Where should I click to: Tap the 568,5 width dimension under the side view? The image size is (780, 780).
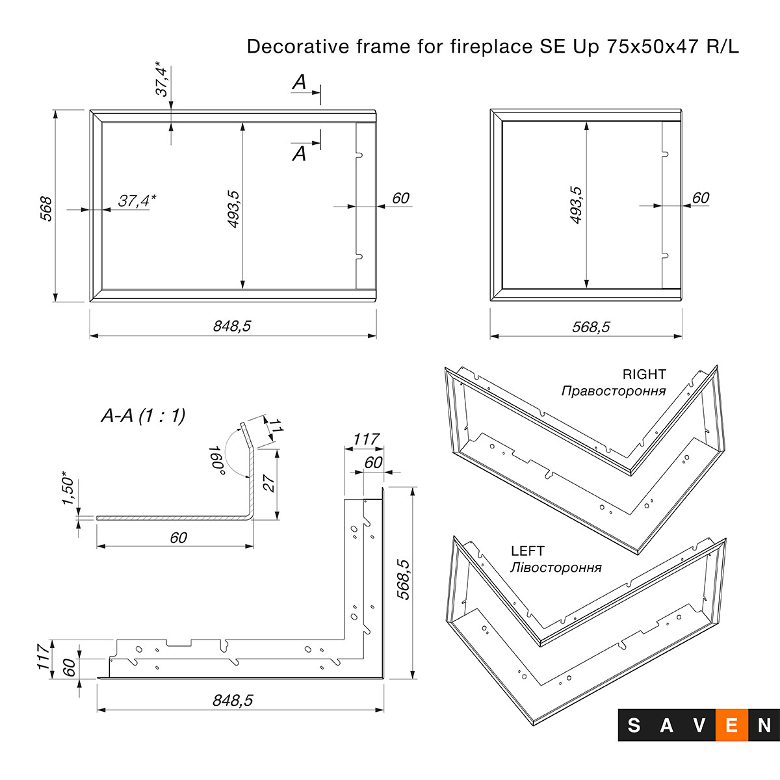tap(591, 327)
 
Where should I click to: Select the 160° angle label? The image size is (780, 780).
tap(216, 460)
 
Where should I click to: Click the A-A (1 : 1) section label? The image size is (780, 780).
tap(143, 415)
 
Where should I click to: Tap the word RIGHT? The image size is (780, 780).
tap(644, 374)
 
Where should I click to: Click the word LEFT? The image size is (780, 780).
tap(528, 551)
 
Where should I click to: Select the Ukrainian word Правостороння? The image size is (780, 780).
tap(614, 391)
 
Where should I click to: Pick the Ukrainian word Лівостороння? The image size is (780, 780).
tap(556, 567)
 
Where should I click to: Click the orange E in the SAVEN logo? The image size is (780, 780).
tap(731, 725)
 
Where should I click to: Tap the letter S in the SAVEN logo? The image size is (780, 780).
tap(634, 725)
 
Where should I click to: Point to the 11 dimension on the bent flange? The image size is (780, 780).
tap(276, 427)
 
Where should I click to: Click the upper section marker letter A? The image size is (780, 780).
tap(299, 83)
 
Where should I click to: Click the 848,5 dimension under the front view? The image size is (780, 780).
tap(231, 326)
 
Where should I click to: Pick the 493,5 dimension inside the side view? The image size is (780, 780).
tap(576, 205)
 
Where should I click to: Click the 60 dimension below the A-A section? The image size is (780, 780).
tap(178, 538)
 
